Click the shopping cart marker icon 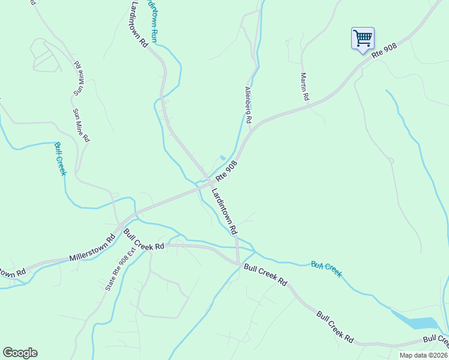point(363,39)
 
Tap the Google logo point(20,353)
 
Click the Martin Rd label point(305,86)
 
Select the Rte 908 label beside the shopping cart point(385,52)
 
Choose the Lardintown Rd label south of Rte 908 point(224,211)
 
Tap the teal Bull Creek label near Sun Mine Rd point(59,159)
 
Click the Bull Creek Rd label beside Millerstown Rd point(144,240)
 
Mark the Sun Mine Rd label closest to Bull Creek point(82,125)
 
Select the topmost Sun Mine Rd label point(77,78)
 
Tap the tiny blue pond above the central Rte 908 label point(223,158)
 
